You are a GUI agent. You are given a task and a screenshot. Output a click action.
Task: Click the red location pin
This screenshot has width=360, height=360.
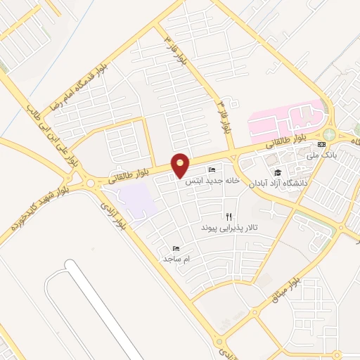pos(181,164)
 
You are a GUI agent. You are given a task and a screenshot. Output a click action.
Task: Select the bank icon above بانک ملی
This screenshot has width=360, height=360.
pos(321,144)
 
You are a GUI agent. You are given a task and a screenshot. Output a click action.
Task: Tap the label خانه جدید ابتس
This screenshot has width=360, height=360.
pos(212,180)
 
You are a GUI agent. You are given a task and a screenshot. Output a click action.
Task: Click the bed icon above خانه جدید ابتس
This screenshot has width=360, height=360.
pos(212,170)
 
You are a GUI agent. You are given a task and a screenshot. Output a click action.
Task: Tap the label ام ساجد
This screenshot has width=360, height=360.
pos(178,259)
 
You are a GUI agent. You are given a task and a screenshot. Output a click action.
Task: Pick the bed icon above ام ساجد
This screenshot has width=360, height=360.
pos(176,248)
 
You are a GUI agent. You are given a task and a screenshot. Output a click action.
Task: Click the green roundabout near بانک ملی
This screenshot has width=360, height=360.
pos(330,134)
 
